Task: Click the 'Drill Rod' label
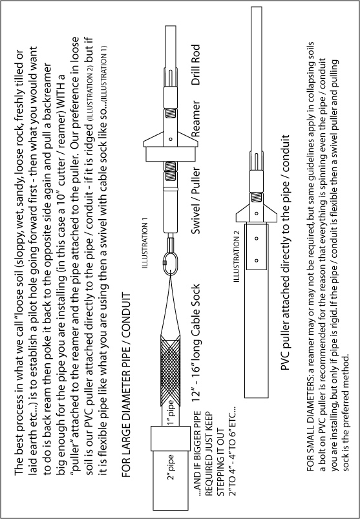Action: click(196, 65)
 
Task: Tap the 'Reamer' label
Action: click(196, 119)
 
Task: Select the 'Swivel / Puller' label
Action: click(196, 201)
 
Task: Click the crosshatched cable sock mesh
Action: click(171, 370)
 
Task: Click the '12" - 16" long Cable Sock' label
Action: click(196, 343)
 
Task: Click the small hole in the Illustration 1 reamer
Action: click(171, 139)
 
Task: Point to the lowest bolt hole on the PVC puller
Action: click(257, 260)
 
